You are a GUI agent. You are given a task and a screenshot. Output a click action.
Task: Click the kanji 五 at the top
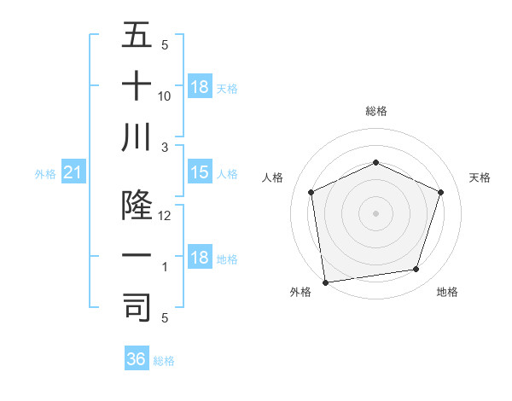click(x=137, y=36)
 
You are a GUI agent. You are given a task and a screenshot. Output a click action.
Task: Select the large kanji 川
click(x=137, y=137)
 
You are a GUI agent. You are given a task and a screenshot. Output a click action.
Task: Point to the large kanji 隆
click(x=137, y=206)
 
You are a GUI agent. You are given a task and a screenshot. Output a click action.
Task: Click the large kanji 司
click(x=137, y=307)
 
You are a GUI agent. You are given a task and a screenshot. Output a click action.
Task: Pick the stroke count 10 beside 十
click(x=165, y=96)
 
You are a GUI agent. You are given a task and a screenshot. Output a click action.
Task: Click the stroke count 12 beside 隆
click(x=165, y=216)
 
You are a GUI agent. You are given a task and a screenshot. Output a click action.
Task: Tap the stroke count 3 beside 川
click(x=165, y=147)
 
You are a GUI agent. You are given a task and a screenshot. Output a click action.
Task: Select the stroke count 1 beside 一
click(x=165, y=267)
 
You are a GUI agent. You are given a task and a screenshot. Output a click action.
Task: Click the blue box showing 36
click(x=137, y=359)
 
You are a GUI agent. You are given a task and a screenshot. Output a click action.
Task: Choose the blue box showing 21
click(x=73, y=173)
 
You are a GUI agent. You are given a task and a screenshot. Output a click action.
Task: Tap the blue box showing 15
click(x=199, y=173)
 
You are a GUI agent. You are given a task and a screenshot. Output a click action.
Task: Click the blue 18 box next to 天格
click(x=199, y=87)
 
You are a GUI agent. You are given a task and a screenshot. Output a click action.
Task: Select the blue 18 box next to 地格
click(x=199, y=259)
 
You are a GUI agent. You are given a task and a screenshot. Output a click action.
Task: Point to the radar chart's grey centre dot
click(x=375, y=212)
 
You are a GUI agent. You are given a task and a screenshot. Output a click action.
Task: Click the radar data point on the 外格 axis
click(x=325, y=282)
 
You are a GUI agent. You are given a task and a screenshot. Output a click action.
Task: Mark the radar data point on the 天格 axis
click(x=441, y=192)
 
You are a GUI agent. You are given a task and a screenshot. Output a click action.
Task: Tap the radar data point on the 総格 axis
click(x=375, y=163)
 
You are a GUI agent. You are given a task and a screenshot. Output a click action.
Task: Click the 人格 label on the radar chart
click(x=272, y=177)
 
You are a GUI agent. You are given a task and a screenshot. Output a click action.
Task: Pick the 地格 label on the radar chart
click(x=447, y=292)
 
